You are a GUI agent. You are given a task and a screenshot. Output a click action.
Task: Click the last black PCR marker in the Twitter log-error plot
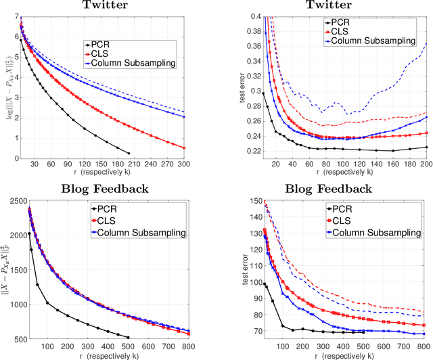(129, 153)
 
